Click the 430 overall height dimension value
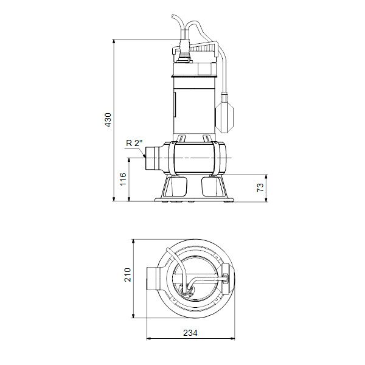pos(108,120)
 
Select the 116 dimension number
pos(122,179)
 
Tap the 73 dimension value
pos(260,187)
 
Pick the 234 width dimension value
pos(191,334)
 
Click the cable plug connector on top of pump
pos(183,54)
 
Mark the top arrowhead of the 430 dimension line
pos(115,41)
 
